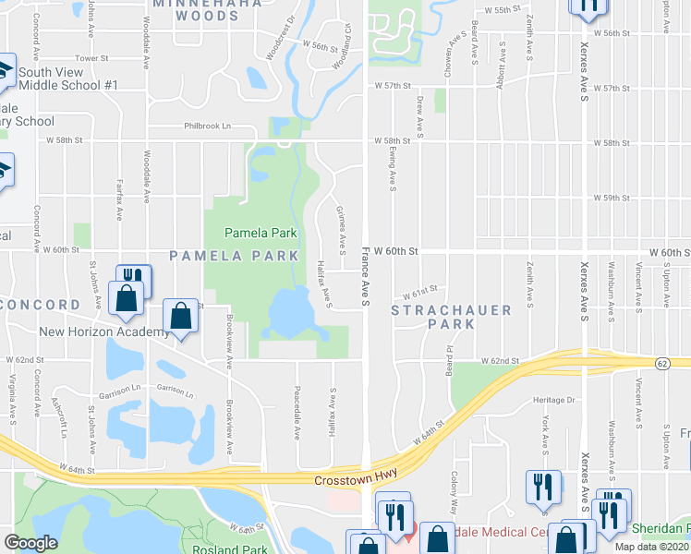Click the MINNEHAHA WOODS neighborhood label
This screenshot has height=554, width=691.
pyautogui.click(x=197, y=9)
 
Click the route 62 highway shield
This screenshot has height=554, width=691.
pyautogui.click(x=662, y=364)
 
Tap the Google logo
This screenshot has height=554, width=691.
pyautogui.click(x=30, y=543)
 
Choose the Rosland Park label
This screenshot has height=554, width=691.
pyautogui.click(x=229, y=549)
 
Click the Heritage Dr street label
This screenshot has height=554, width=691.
pyautogui.click(x=553, y=400)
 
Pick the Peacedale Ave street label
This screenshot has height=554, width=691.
pyautogui.click(x=297, y=403)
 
